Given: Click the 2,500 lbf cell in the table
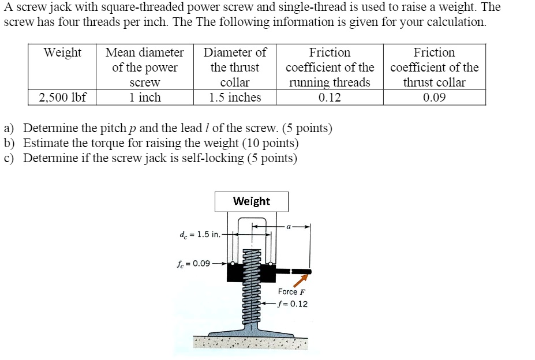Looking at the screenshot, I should click(x=62, y=97).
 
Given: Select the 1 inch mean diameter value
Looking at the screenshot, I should click(x=145, y=97).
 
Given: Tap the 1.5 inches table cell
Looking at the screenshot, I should click(x=235, y=97).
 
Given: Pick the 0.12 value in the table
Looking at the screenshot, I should click(x=330, y=97).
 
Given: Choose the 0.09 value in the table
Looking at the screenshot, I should click(x=434, y=97).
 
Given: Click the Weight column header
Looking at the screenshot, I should click(x=62, y=53).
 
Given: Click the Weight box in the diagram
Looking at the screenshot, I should click(x=251, y=201).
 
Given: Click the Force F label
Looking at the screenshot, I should click(x=291, y=292).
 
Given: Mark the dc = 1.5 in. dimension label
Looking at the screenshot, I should click(x=200, y=234).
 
